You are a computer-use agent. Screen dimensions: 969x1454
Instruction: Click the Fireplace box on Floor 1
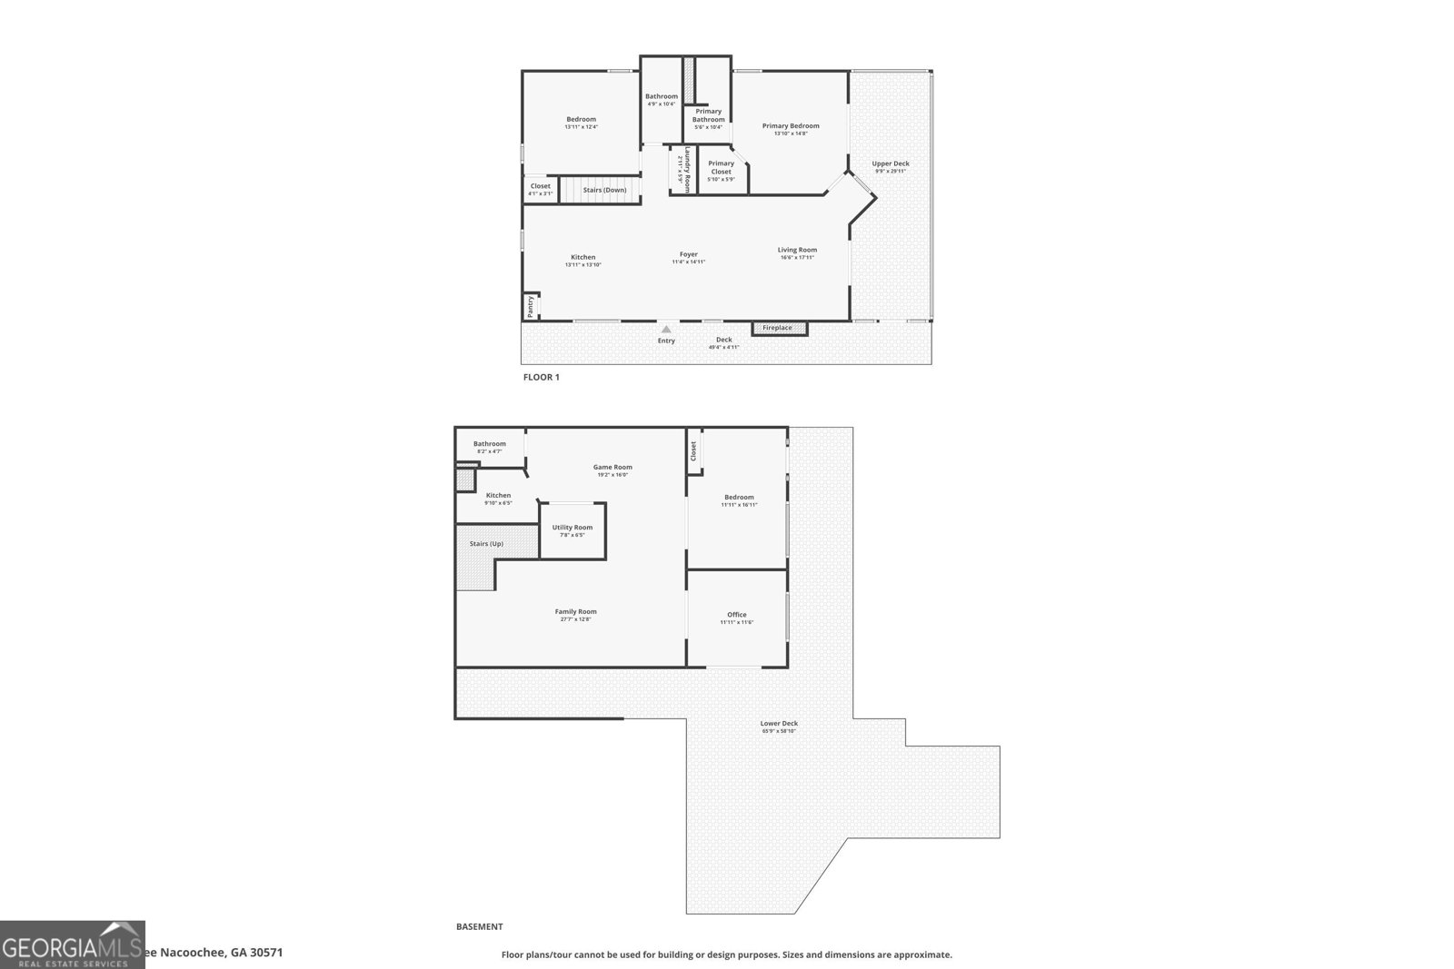pos(779,328)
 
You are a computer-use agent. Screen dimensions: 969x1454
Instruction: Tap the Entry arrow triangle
pos(666,330)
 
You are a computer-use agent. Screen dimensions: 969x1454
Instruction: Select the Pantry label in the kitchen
pos(531,306)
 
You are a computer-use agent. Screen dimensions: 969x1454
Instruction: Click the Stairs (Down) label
pos(604,190)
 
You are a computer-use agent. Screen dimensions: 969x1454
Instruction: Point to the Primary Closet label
pos(721,168)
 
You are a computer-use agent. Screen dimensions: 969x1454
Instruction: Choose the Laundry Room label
pos(688,170)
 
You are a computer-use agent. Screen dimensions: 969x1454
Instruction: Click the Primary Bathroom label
pos(708,115)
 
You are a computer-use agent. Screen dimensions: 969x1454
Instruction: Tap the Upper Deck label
pos(891,163)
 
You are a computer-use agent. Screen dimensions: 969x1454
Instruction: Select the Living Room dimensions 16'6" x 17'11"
pos(797,258)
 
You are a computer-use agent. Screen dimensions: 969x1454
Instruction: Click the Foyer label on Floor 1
pos(689,254)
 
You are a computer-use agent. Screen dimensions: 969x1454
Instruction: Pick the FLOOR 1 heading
pos(542,377)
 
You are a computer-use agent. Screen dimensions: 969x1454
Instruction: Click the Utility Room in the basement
pos(573,528)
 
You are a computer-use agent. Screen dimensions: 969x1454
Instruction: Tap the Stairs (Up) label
pos(486,544)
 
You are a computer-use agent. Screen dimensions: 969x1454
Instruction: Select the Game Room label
pos(612,467)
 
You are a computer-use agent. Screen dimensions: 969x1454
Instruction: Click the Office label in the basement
pos(737,615)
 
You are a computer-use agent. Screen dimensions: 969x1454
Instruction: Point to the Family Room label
pos(576,611)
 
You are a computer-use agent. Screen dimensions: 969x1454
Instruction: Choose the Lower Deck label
pos(779,724)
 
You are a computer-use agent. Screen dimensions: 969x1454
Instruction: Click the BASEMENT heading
pos(479,927)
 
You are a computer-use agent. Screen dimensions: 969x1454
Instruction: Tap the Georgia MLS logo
pos(73,944)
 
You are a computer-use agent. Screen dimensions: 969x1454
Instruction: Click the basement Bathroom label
pos(490,444)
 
